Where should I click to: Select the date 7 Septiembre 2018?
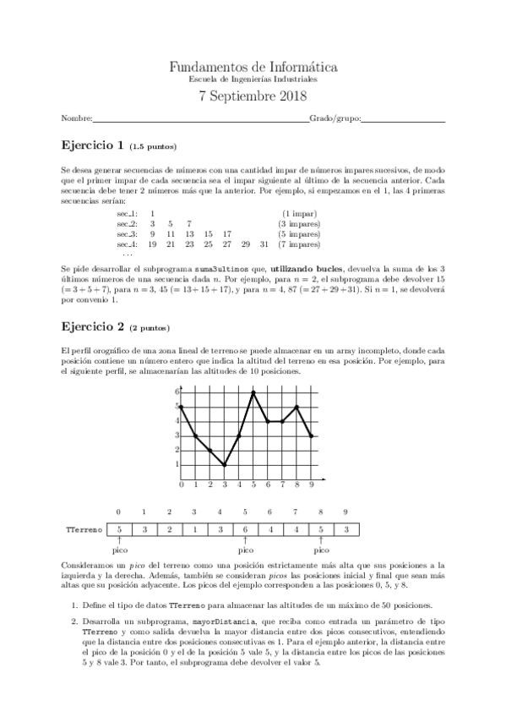click(x=253, y=96)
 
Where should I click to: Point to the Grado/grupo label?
click(x=334, y=118)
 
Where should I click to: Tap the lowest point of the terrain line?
click(x=225, y=464)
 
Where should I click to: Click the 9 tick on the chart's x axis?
click(x=312, y=485)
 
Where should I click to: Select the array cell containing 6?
click(x=245, y=529)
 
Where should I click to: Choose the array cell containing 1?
click(x=194, y=529)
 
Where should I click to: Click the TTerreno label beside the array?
click(x=84, y=529)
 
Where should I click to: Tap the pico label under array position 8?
click(x=321, y=550)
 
